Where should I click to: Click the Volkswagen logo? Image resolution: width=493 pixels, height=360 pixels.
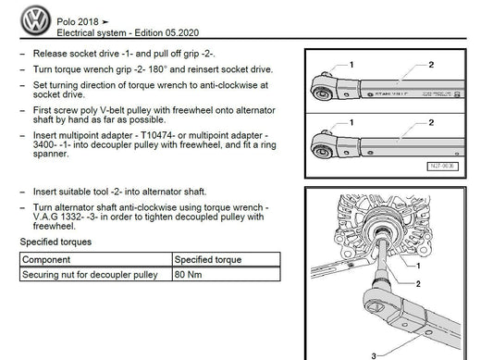click(35, 20)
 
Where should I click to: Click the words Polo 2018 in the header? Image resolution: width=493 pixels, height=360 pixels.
click(78, 21)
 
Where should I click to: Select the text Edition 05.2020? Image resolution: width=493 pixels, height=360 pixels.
click(166, 32)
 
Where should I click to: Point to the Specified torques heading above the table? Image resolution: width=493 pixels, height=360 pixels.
click(55, 242)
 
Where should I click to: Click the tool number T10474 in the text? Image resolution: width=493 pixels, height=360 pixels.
click(157, 135)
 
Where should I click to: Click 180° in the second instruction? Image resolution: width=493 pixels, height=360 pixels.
click(156, 69)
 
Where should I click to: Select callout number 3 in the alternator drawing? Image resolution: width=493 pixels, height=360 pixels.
click(374, 356)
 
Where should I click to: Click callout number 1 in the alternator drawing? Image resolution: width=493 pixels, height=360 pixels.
click(418, 266)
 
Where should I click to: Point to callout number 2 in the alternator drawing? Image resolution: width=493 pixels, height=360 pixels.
click(418, 284)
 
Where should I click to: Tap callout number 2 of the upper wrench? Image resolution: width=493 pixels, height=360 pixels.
click(431, 65)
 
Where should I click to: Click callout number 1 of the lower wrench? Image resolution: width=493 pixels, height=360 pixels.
click(351, 122)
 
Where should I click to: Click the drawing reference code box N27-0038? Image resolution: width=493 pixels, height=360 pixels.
click(442, 167)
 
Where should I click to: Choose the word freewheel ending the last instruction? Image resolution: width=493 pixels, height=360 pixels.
click(54, 226)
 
